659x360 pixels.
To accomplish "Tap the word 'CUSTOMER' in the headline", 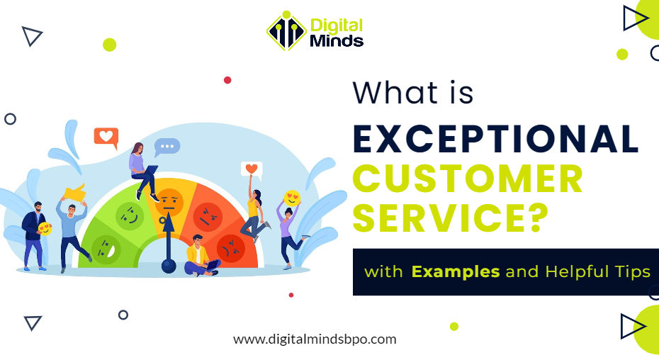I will (468, 179).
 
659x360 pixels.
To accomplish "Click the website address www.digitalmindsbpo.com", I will (315, 339).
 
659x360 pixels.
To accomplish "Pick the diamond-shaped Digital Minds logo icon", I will (286, 31).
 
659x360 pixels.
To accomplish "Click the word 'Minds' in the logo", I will (337, 40).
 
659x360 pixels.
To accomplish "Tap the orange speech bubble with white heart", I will (106, 137).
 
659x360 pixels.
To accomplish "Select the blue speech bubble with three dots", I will (167, 147).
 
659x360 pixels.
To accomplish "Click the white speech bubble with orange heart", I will (251, 169).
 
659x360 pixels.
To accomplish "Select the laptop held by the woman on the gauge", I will (150, 169).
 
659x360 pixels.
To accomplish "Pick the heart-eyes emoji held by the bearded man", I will (45, 229).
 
